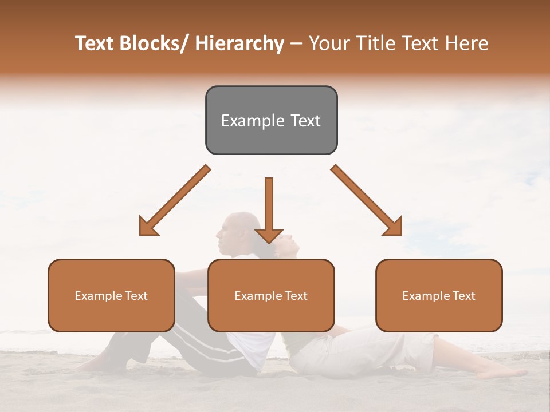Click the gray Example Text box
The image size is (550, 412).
[271, 120]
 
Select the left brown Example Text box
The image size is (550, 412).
[111, 295]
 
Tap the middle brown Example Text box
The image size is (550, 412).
[271, 295]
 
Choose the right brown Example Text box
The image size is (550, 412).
[439, 295]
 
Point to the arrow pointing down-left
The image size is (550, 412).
[175, 200]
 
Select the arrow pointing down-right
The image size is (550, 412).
[367, 200]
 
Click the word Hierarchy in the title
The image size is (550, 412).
[239, 43]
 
